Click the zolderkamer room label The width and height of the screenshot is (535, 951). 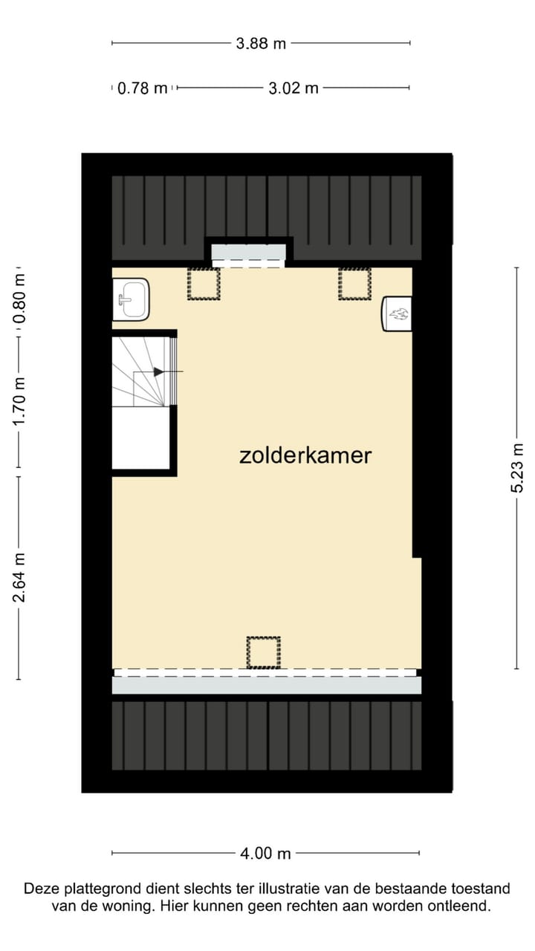pos(305,455)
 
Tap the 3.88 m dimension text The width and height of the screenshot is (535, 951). pos(261,43)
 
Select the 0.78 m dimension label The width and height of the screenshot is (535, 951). pos(143,88)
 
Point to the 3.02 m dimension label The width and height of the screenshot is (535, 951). pos(293,88)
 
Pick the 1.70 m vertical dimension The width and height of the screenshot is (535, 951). pos(20,401)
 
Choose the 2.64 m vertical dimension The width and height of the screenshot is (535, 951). pos(20,578)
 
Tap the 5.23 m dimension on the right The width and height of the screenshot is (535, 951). pos(518,467)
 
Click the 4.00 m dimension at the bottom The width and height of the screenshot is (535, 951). pos(265,854)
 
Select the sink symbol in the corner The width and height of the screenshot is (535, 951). pos(131,299)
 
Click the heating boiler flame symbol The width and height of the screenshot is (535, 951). pos(398,314)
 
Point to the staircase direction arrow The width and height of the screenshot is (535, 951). pos(159,371)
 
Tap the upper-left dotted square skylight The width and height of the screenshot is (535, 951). pos(204,283)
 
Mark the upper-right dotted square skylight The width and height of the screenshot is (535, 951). pos(354,283)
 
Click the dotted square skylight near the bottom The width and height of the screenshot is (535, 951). pos(263,652)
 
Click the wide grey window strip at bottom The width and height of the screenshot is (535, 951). pos(266,684)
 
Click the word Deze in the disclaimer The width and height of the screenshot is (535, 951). pos(39,889)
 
